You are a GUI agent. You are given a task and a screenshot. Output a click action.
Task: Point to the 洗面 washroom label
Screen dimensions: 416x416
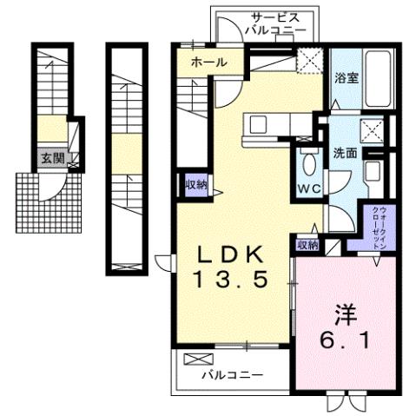pos(345,152)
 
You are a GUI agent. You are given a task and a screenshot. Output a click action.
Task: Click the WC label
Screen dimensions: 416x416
pos(308,187)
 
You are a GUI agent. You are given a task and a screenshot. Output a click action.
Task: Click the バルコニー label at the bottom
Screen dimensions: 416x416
pos(232,376)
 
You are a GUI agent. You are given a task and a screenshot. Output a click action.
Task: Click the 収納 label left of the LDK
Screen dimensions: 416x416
pos(195,183)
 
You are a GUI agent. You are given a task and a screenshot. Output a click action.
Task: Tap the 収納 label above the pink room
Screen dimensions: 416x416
pos(307,245)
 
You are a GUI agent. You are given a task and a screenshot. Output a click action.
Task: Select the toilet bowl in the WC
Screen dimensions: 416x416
pos(308,166)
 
